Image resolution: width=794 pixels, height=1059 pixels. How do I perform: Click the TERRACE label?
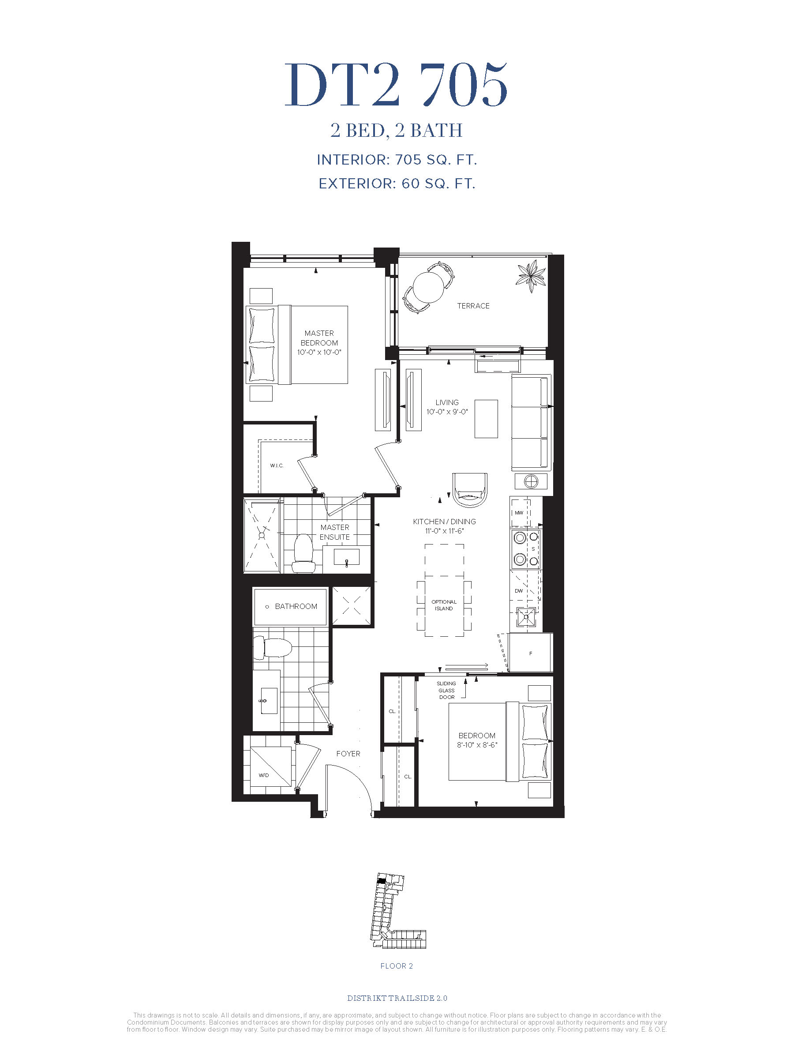tap(473, 306)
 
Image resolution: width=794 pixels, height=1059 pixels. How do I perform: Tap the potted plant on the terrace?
tap(531, 277)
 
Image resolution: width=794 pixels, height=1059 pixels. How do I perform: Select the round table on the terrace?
tap(428, 287)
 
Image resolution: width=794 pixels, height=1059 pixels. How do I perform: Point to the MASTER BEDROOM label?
tap(319, 338)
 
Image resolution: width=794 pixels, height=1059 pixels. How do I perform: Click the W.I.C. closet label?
tap(277, 466)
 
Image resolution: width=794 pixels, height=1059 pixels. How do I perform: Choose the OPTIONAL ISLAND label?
tap(444, 605)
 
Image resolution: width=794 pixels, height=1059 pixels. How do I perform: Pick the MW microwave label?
tap(519, 513)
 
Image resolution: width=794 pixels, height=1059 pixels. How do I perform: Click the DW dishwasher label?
tap(519, 591)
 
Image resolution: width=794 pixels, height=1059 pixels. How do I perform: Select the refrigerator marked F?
tap(531, 653)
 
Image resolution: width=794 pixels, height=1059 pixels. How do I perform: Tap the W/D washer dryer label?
tap(264, 775)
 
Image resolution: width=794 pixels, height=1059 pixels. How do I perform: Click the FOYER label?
tap(348, 754)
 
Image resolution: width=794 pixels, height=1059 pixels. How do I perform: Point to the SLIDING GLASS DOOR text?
tap(446, 691)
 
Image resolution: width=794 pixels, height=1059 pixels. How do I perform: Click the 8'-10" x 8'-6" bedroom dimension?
tap(477, 745)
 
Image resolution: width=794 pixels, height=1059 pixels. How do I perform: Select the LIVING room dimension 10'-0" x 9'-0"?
tap(447, 412)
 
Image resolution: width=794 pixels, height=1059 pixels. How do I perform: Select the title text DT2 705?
tap(396, 85)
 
